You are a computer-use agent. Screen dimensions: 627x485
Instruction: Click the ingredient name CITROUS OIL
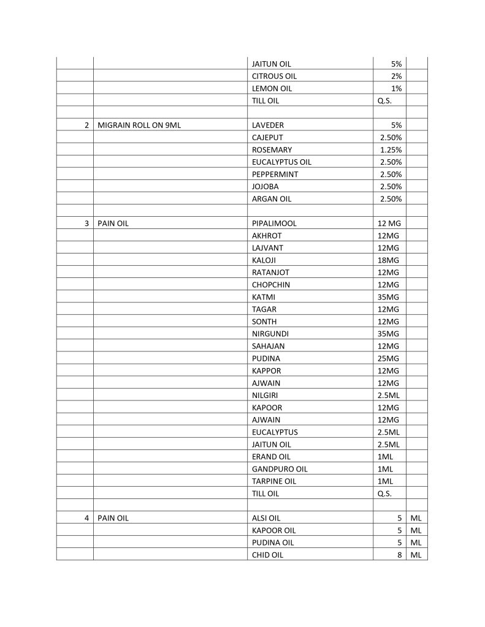click(x=274, y=77)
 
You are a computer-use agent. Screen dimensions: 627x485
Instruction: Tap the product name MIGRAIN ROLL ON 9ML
click(x=139, y=126)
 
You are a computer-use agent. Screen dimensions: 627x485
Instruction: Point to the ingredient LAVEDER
click(x=268, y=126)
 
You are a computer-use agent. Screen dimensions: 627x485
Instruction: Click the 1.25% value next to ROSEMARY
click(x=391, y=150)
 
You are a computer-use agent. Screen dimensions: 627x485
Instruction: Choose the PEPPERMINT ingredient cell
click(x=274, y=175)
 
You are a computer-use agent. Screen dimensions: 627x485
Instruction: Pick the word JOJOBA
click(x=265, y=187)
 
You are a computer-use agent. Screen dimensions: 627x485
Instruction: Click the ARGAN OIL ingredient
click(x=272, y=199)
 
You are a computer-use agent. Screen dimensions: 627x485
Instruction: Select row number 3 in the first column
click(x=87, y=223)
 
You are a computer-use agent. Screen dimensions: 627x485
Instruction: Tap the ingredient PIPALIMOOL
click(x=274, y=223)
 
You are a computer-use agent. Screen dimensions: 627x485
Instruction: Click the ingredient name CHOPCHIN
click(x=271, y=285)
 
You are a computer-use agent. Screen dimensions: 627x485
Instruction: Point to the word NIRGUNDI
click(x=270, y=334)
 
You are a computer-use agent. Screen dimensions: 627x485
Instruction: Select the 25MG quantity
click(x=388, y=358)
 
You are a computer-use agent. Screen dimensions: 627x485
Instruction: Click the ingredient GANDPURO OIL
click(x=280, y=469)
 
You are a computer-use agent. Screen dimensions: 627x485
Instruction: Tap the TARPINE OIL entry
click(x=274, y=481)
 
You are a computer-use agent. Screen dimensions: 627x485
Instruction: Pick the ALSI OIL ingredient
click(x=266, y=518)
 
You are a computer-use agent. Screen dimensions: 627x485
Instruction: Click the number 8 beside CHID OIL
click(x=399, y=555)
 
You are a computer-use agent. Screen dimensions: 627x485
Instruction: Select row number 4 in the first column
click(x=87, y=518)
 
